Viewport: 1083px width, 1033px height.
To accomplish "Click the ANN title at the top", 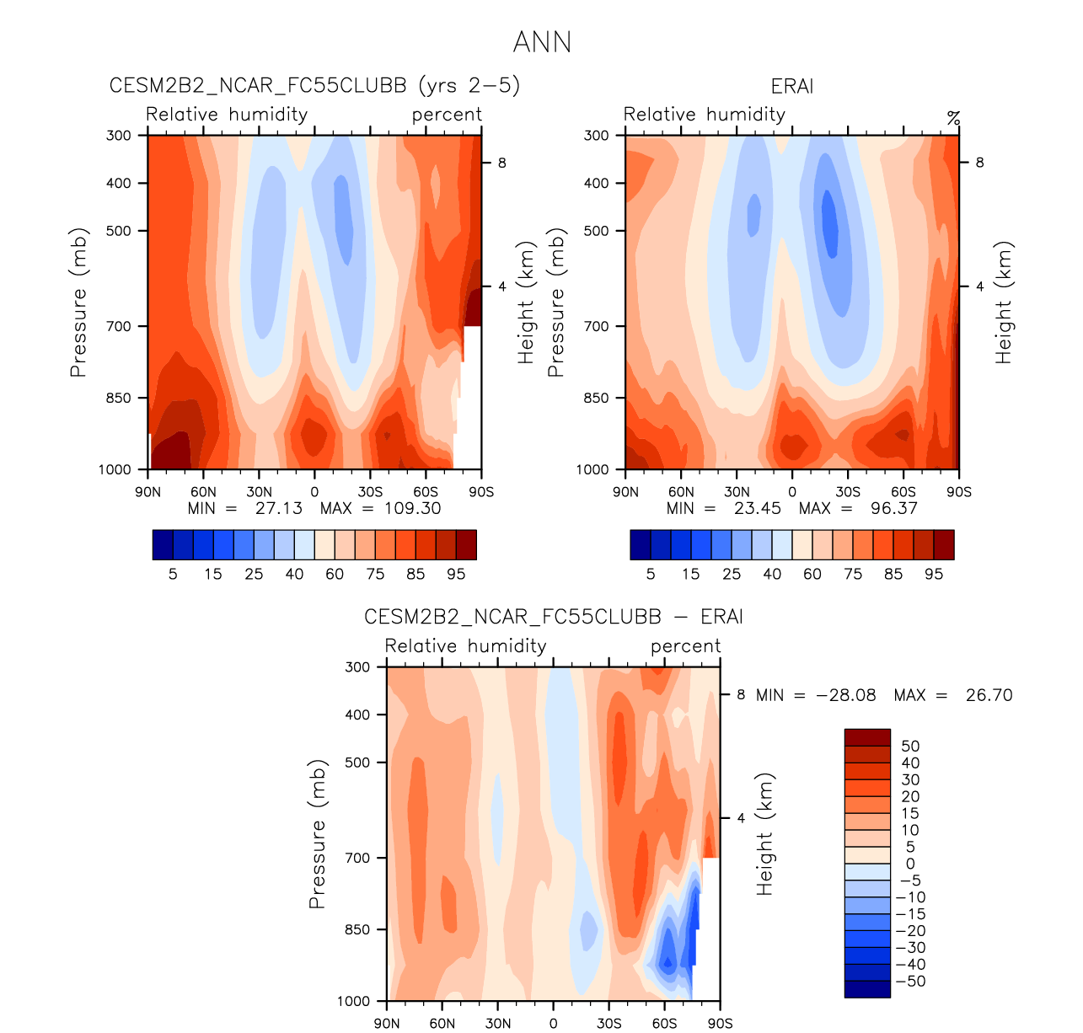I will (x=542, y=42).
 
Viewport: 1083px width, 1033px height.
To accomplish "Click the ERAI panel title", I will (x=791, y=87).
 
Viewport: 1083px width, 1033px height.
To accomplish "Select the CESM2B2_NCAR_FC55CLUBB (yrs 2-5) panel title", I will (x=314, y=86).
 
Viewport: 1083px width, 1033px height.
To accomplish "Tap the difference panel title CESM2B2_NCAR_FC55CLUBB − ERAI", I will (x=553, y=617).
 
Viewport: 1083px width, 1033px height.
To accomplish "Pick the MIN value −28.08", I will (x=845, y=695).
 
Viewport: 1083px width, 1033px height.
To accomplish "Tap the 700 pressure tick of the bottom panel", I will (x=358, y=858).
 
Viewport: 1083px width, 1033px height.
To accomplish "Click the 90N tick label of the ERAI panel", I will (x=625, y=492).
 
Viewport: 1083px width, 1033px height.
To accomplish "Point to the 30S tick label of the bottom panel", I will (x=609, y=1024).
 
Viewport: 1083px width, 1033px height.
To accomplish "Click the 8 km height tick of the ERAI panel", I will (x=979, y=163).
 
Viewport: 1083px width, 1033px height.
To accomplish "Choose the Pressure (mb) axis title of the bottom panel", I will (x=317, y=834).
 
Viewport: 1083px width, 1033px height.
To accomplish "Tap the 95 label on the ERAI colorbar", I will (x=933, y=575).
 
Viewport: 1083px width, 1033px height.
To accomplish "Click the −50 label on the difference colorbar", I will (x=910, y=982).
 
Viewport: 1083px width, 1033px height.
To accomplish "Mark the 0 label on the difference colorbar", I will (x=910, y=864).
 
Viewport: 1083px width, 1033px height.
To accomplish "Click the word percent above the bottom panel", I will (x=685, y=646).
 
